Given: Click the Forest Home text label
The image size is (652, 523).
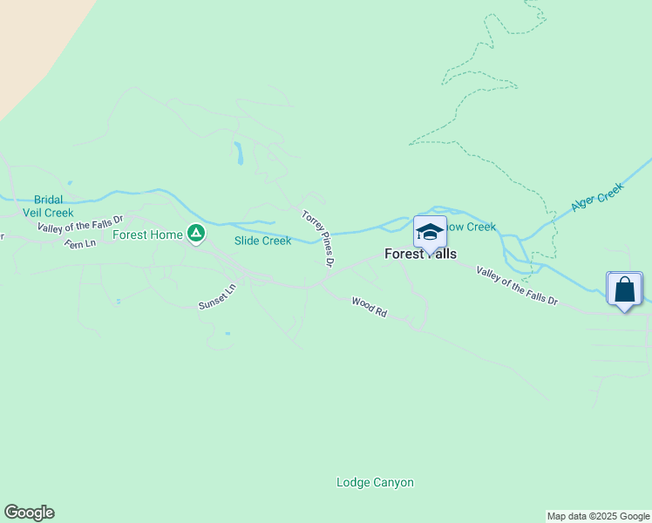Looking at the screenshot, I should (x=147, y=234).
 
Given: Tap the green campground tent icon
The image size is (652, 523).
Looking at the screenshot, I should (x=196, y=234).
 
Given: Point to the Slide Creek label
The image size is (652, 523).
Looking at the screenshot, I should (x=262, y=241).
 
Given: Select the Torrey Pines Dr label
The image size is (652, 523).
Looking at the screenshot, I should (x=318, y=237).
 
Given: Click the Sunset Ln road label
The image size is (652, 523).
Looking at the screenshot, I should (x=217, y=296).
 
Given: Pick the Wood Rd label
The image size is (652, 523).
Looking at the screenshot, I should (x=369, y=306).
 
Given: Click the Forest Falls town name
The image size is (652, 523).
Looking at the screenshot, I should (x=420, y=255).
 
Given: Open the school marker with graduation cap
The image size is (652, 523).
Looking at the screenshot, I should (x=430, y=232).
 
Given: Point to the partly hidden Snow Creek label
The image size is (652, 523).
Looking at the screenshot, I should (x=472, y=227).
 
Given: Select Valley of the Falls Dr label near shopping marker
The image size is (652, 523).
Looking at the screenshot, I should (x=516, y=286).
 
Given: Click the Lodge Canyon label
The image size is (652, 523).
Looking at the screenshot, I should (x=375, y=482).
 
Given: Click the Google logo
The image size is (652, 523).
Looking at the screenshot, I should (x=29, y=513).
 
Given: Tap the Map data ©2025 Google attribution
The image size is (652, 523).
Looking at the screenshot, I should (x=599, y=516).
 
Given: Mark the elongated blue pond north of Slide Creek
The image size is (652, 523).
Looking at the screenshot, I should (x=237, y=153).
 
